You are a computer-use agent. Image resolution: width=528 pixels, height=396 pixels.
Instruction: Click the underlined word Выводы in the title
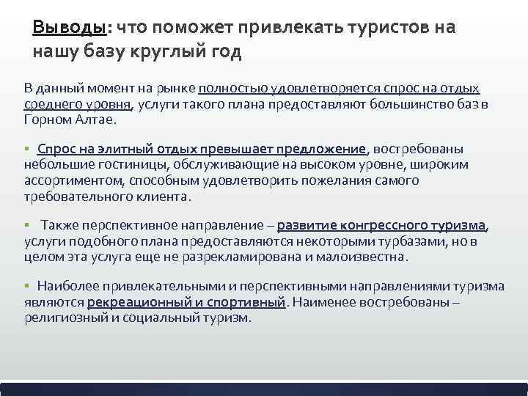click(69, 28)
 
